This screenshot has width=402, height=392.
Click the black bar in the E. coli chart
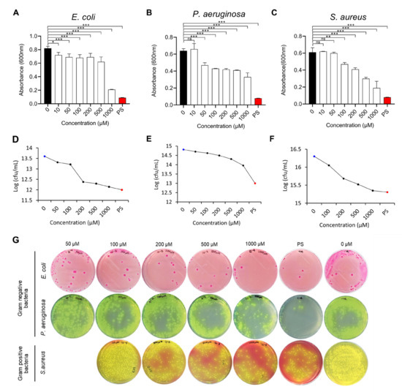48,76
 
